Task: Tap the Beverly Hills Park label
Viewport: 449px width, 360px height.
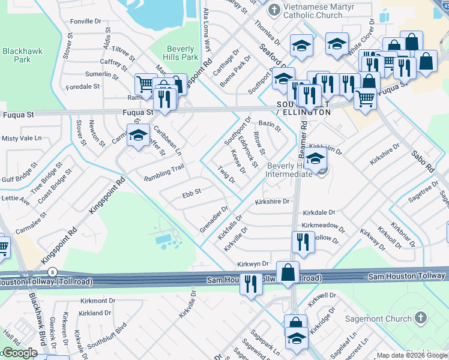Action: pyautogui.click(x=181, y=53)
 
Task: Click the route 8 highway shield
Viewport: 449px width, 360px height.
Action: pyautogui.click(x=53, y=272)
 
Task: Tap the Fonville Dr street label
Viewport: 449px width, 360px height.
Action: pyautogui.click(x=85, y=21)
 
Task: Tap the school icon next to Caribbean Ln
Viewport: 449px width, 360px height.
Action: pyautogui.click(x=138, y=134)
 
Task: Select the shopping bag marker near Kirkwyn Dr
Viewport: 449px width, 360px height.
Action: pyautogui.click(x=288, y=271)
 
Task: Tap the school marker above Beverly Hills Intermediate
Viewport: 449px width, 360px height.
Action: pyautogui.click(x=315, y=159)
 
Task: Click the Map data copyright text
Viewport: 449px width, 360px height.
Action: pyautogui.click(x=412, y=355)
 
